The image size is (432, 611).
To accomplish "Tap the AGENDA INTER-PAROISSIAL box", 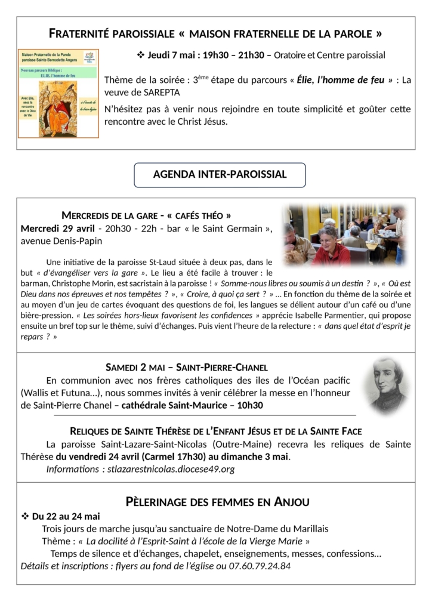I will coord(220,175).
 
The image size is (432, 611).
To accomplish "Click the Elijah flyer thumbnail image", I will coord(58,94).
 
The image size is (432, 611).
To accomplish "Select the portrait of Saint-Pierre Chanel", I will coord(388,385).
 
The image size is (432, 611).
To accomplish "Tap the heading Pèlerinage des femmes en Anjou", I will coord(217,502).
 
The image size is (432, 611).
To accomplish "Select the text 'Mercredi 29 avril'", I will coord(57,229).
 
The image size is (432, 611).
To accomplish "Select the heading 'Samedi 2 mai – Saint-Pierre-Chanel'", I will coord(187,368).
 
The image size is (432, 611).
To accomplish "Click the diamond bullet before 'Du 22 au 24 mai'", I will coord(25,516).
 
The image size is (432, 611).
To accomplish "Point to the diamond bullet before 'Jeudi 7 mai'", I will coord(141,55).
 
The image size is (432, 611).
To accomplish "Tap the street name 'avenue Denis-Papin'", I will coord(61,242).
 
